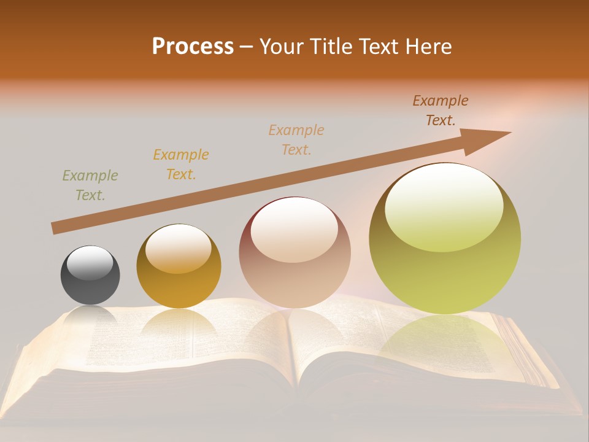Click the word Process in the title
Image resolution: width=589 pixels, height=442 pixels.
coord(193,46)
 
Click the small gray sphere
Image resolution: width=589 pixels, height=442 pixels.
coord(90,275)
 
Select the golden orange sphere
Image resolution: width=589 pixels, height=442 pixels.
coord(179,266)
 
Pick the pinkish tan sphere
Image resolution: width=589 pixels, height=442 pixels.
coord(295,252)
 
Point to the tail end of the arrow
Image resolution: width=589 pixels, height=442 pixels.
coord(55,228)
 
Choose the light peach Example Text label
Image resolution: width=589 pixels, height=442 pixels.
coord(296,140)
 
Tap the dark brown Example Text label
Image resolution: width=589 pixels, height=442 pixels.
coord(441,110)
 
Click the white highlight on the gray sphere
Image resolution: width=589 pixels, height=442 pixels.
coord(90,262)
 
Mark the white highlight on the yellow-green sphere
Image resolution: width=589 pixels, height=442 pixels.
coord(443,207)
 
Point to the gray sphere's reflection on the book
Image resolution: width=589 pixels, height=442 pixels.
coord(90,317)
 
